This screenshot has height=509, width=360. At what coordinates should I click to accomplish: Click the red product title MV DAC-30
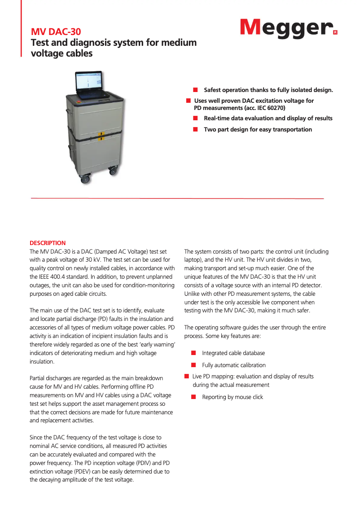point(56,32)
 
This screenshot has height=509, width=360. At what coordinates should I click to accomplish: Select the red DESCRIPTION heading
point(48,243)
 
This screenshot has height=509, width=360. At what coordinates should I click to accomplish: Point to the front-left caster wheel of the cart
point(84,179)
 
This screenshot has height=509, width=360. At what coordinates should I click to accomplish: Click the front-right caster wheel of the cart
point(112,170)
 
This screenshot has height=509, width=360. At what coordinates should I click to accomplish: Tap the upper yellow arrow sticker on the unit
point(102,134)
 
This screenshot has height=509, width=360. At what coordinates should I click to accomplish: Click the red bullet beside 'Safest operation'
point(196,90)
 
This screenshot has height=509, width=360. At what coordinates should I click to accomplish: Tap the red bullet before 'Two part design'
point(196,129)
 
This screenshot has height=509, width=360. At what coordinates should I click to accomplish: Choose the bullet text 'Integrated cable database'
point(233,353)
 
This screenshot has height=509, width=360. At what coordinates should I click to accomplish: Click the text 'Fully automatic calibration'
point(234,365)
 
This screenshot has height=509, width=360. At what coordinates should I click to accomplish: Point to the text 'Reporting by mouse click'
point(233,397)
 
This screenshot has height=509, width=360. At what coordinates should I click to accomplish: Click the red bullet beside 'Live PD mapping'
point(186,376)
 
